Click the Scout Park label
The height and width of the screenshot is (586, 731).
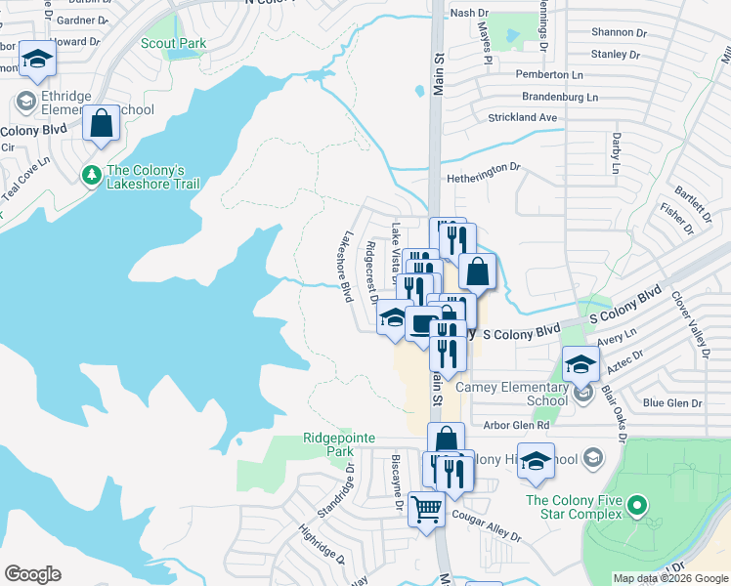(x=172, y=43)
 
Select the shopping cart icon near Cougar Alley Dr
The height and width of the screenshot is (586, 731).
(x=426, y=508)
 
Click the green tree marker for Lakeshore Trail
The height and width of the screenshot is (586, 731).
(x=91, y=175)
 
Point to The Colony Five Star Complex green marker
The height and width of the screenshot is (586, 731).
(x=637, y=506)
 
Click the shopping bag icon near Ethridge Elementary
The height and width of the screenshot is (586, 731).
(x=101, y=124)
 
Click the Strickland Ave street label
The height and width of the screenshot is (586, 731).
(x=522, y=117)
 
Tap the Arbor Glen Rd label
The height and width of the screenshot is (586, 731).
(x=516, y=426)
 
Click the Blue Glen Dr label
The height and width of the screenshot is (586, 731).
(x=672, y=403)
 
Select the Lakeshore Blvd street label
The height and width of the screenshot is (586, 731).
(x=346, y=267)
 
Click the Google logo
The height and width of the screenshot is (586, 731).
(x=32, y=574)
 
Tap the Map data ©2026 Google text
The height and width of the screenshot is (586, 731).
(x=670, y=578)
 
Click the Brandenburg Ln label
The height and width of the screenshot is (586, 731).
(x=546, y=98)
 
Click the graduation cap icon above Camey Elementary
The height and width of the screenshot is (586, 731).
(x=580, y=365)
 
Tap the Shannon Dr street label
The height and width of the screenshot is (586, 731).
(x=609, y=33)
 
